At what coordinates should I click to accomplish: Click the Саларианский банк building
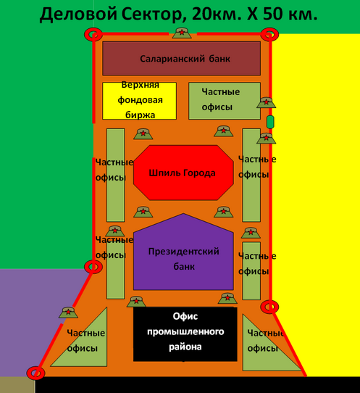[x=182, y=59]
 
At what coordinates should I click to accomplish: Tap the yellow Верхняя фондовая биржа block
[x=140, y=101]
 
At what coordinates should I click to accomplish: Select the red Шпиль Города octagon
[x=183, y=173]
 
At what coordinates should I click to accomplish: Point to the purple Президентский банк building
[x=183, y=252]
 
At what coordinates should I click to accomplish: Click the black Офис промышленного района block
[x=185, y=334]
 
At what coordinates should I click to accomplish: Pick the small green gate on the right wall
[x=270, y=122]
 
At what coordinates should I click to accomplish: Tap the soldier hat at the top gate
[x=182, y=33]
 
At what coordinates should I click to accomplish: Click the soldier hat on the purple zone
[x=68, y=313]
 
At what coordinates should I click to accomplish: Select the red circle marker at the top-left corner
[x=93, y=34]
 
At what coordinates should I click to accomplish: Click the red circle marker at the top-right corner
[x=269, y=34]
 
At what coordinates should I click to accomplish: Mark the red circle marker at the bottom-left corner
[x=35, y=373]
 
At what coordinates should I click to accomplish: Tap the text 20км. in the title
[x=217, y=14]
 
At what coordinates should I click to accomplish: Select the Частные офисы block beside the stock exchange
[x=225, y=101]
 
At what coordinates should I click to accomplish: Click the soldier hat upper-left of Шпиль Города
[x=143, y=134]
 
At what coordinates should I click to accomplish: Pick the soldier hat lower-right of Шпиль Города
[x=224, y=212]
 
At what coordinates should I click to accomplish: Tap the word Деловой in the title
[x=78, y=15]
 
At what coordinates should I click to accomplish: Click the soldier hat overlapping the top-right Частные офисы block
[x=266, y=102]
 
